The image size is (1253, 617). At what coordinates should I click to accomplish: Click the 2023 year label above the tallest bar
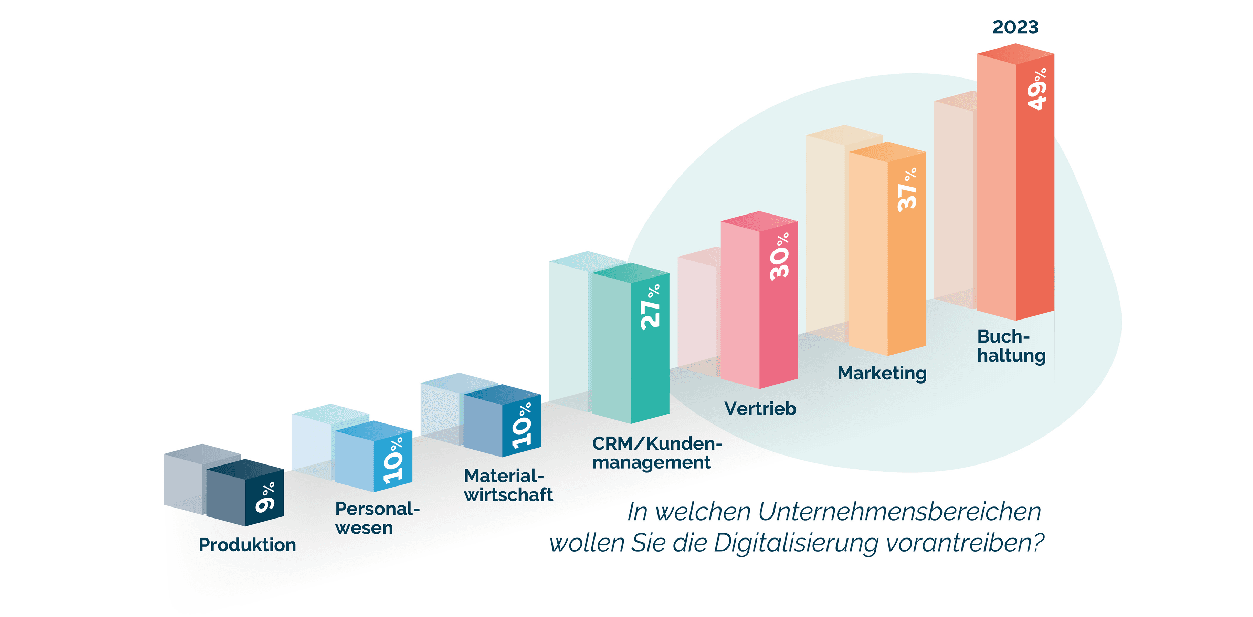click(1015, 27)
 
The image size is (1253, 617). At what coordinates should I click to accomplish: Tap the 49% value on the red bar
click(1036, 89)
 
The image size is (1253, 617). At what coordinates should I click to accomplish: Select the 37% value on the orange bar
click(907, 190)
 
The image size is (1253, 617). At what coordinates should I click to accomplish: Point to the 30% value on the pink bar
click(779, 257)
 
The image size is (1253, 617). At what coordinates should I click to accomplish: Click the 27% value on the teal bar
click(650, 307)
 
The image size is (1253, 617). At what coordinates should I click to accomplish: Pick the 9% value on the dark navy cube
click(266, 497)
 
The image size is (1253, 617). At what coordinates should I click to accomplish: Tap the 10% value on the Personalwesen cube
click(393, 460)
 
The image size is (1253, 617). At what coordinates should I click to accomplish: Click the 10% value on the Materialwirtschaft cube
click(522, 425)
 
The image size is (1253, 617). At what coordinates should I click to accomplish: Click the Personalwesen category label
click(377, 518)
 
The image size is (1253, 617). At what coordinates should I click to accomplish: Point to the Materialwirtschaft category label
click(507, 485)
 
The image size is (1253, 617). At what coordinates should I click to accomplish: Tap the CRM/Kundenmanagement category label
click(656, 452)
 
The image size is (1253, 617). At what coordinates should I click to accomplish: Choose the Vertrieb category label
click(760, 409)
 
